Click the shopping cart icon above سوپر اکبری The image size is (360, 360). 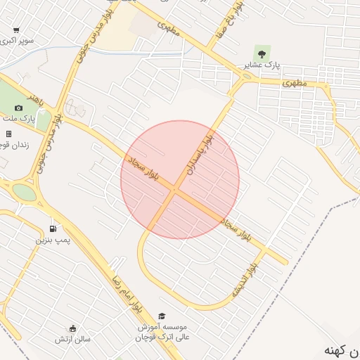16,30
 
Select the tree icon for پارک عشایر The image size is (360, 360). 262,53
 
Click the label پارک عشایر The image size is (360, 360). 262,65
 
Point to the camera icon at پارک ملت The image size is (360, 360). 18,108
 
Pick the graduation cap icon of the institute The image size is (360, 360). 162,316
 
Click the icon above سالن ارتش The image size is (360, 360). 72,328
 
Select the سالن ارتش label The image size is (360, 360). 73,340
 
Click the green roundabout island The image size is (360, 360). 23,191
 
